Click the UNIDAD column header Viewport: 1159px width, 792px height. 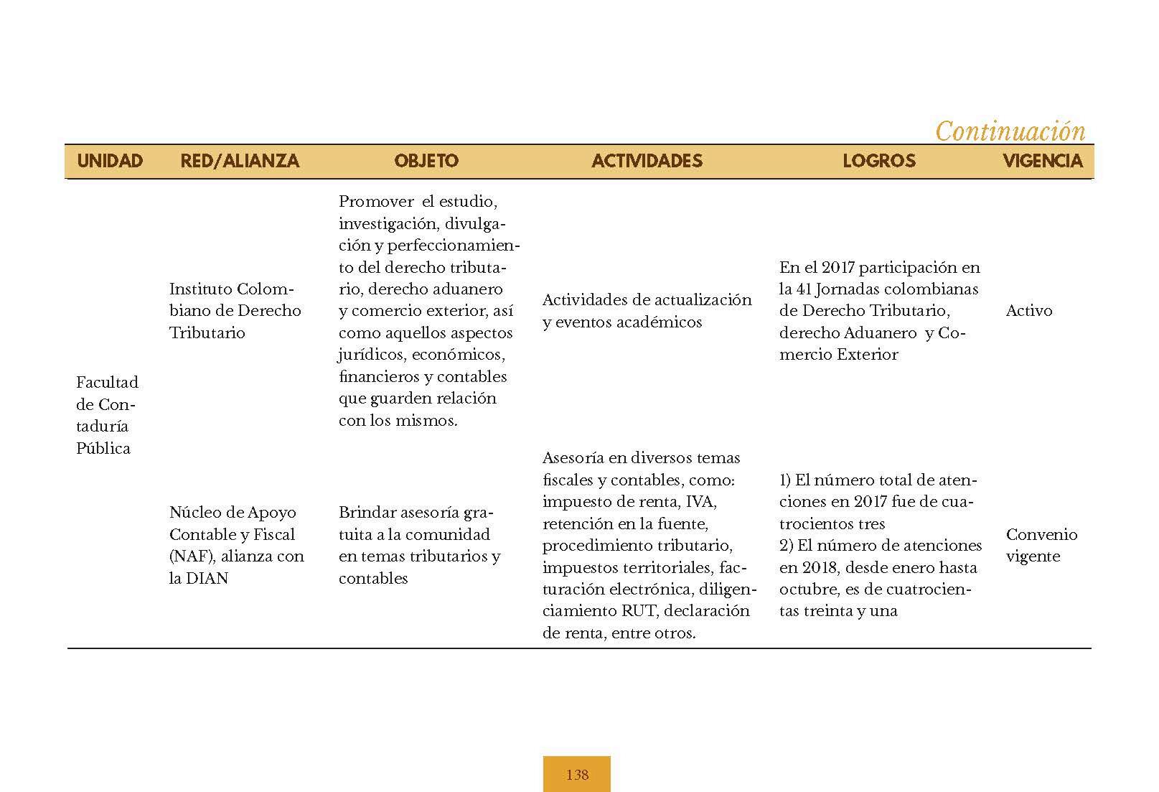(110, 161)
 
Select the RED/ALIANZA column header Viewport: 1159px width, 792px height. (240, 161)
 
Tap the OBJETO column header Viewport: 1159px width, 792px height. (426, 161)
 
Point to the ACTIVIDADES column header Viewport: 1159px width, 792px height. (647, 161)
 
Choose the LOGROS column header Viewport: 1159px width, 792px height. (879, 161)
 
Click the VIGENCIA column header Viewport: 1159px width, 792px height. (1042, 161)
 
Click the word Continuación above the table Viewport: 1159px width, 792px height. (1010, 131)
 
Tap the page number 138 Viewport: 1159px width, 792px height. (577, 775)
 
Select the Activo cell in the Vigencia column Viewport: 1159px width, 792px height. (1029, 311)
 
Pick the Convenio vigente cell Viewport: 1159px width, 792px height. (1041, 545)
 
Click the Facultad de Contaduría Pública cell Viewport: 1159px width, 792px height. (107, 415)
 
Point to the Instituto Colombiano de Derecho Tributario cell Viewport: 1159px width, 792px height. (235, 311)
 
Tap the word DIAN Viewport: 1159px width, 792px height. (207, 579)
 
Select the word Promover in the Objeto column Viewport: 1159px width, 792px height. (376, 202)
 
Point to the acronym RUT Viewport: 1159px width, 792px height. (641, 612)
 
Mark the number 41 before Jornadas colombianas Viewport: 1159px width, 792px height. (804, 289)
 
